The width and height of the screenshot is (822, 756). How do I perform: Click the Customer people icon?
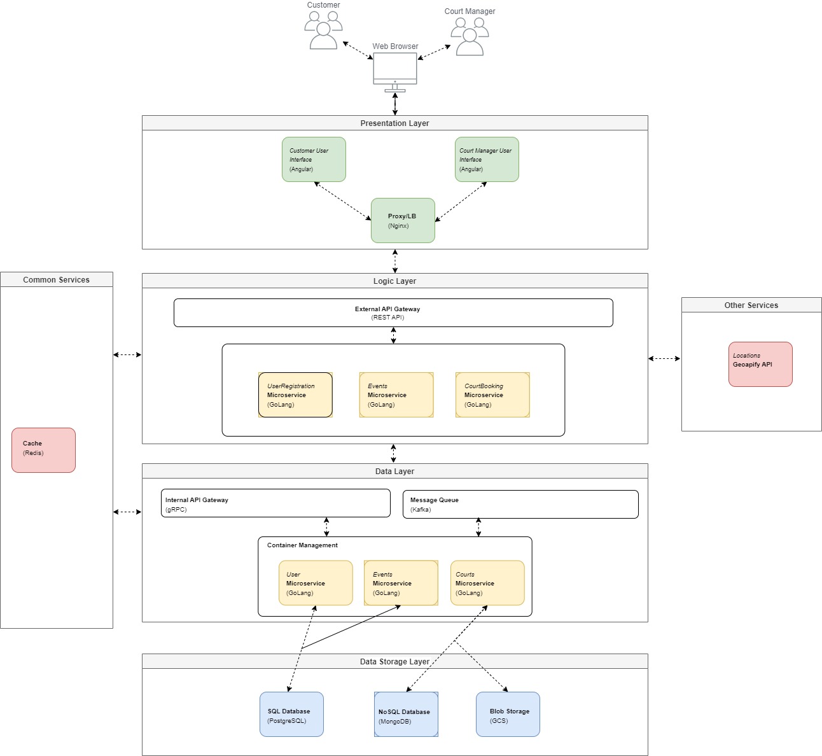tap(323, 31)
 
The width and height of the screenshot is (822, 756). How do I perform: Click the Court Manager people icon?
tap(470, 37)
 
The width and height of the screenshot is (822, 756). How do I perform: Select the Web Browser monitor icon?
tap(395, 70)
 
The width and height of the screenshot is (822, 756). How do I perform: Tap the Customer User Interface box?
tap(314, 160)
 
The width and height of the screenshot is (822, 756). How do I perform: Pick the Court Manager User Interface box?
tap(487, 160)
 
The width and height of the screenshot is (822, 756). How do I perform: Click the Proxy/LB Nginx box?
tap(403, 221)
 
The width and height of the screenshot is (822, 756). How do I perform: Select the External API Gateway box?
tap(393, 313)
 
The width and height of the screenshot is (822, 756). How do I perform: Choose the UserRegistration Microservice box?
tap(295, 395)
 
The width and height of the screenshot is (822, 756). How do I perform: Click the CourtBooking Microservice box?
tap(492, 395)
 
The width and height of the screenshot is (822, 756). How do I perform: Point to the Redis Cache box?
tap(43, 451)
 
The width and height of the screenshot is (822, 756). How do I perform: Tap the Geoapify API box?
tap(760, 365)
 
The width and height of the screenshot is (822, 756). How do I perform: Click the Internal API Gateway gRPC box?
tap(275, 503)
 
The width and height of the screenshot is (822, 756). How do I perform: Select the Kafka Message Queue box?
tap(520, 505)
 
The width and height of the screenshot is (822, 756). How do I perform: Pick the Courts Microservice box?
tap(487, 583)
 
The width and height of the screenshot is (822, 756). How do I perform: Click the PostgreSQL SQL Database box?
tap(291, 715)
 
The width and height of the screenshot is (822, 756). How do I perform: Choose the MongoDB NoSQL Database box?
tap(406, 715)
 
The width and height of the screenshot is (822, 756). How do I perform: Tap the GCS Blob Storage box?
tap(508, 715)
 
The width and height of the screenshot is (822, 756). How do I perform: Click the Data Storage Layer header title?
tap(394, 662)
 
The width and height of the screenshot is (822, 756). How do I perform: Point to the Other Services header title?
tap(751, 305)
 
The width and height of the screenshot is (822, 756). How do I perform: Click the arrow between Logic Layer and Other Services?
tap(664, 359)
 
